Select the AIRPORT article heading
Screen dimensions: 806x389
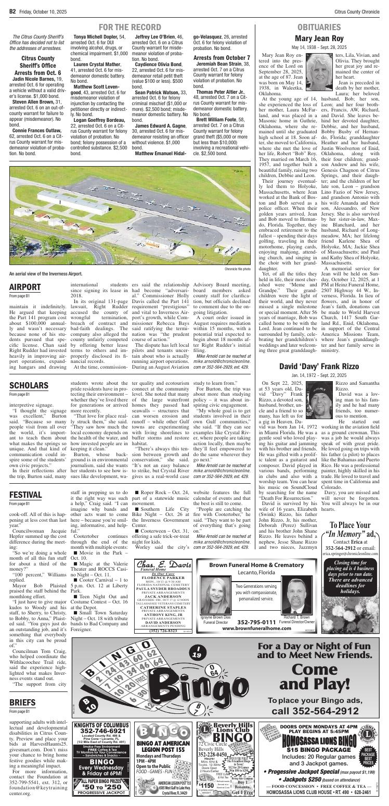click(24, 287)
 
